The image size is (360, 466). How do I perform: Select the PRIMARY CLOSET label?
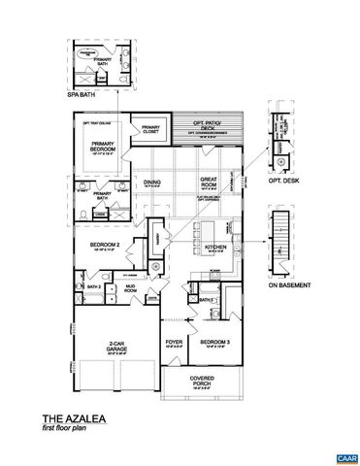click(x=150, y=129)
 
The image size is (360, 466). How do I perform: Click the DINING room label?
click(x=152, y=183)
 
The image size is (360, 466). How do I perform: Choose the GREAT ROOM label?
click(x=209, y=181)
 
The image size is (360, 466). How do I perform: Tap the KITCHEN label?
click(x=215, y=248)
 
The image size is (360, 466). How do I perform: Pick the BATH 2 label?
click(x=93, y=288)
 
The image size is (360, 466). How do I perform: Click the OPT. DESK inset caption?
click(x=280, y=182)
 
